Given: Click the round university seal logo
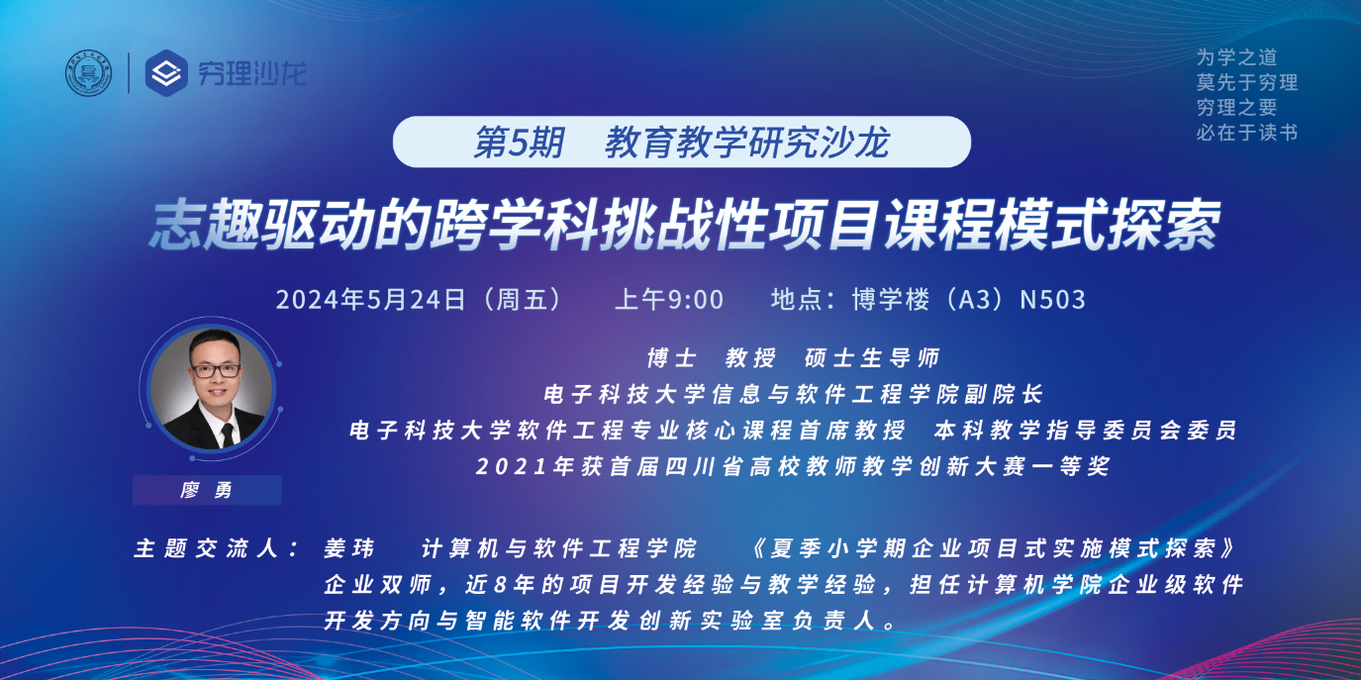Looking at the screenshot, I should pyautogui.click(x=89, y=73).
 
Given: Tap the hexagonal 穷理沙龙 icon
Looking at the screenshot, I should pyautogui.click(x=165, y=73).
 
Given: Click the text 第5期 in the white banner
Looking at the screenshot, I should pyautogui.click(x=518, y=144).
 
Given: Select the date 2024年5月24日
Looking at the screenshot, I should pyautogui.click(x=370, y=299).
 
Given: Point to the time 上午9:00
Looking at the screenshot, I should pyautogui.click(x=669, y=299).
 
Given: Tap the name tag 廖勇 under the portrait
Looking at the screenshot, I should pyautogui.click(x=207, y=490).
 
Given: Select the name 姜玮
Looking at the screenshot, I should pyautogui.click(x=348, y=548).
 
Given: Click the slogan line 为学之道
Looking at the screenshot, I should pyautogui.click(x=1236, y=57).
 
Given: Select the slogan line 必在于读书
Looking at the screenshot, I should pyautogui.click(x=1246, y=132).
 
